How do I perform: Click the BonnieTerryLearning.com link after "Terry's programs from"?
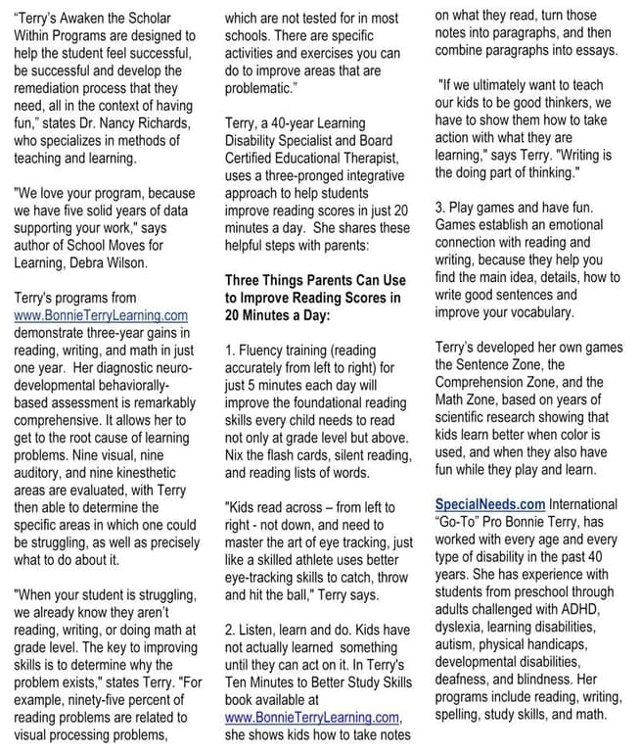[x=102, y=315]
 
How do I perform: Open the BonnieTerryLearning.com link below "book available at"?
[x=312, y=718]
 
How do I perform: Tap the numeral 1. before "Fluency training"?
[x=231, y=350]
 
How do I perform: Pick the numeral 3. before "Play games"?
[x=441, y=210]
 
